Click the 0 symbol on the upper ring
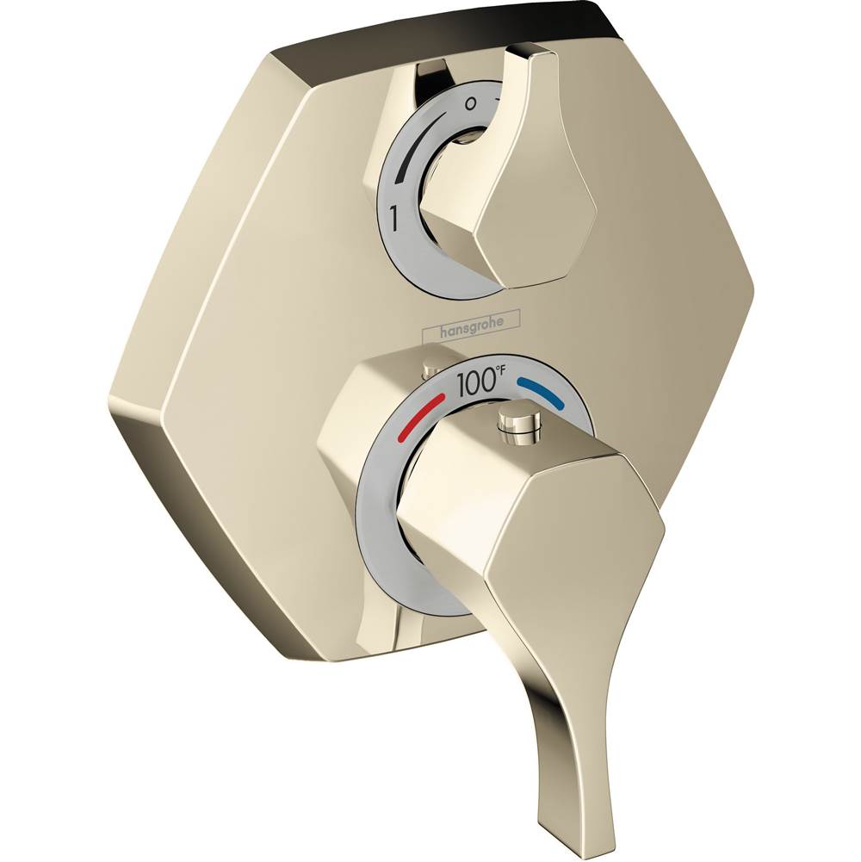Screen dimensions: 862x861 click(x=468, y=102)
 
